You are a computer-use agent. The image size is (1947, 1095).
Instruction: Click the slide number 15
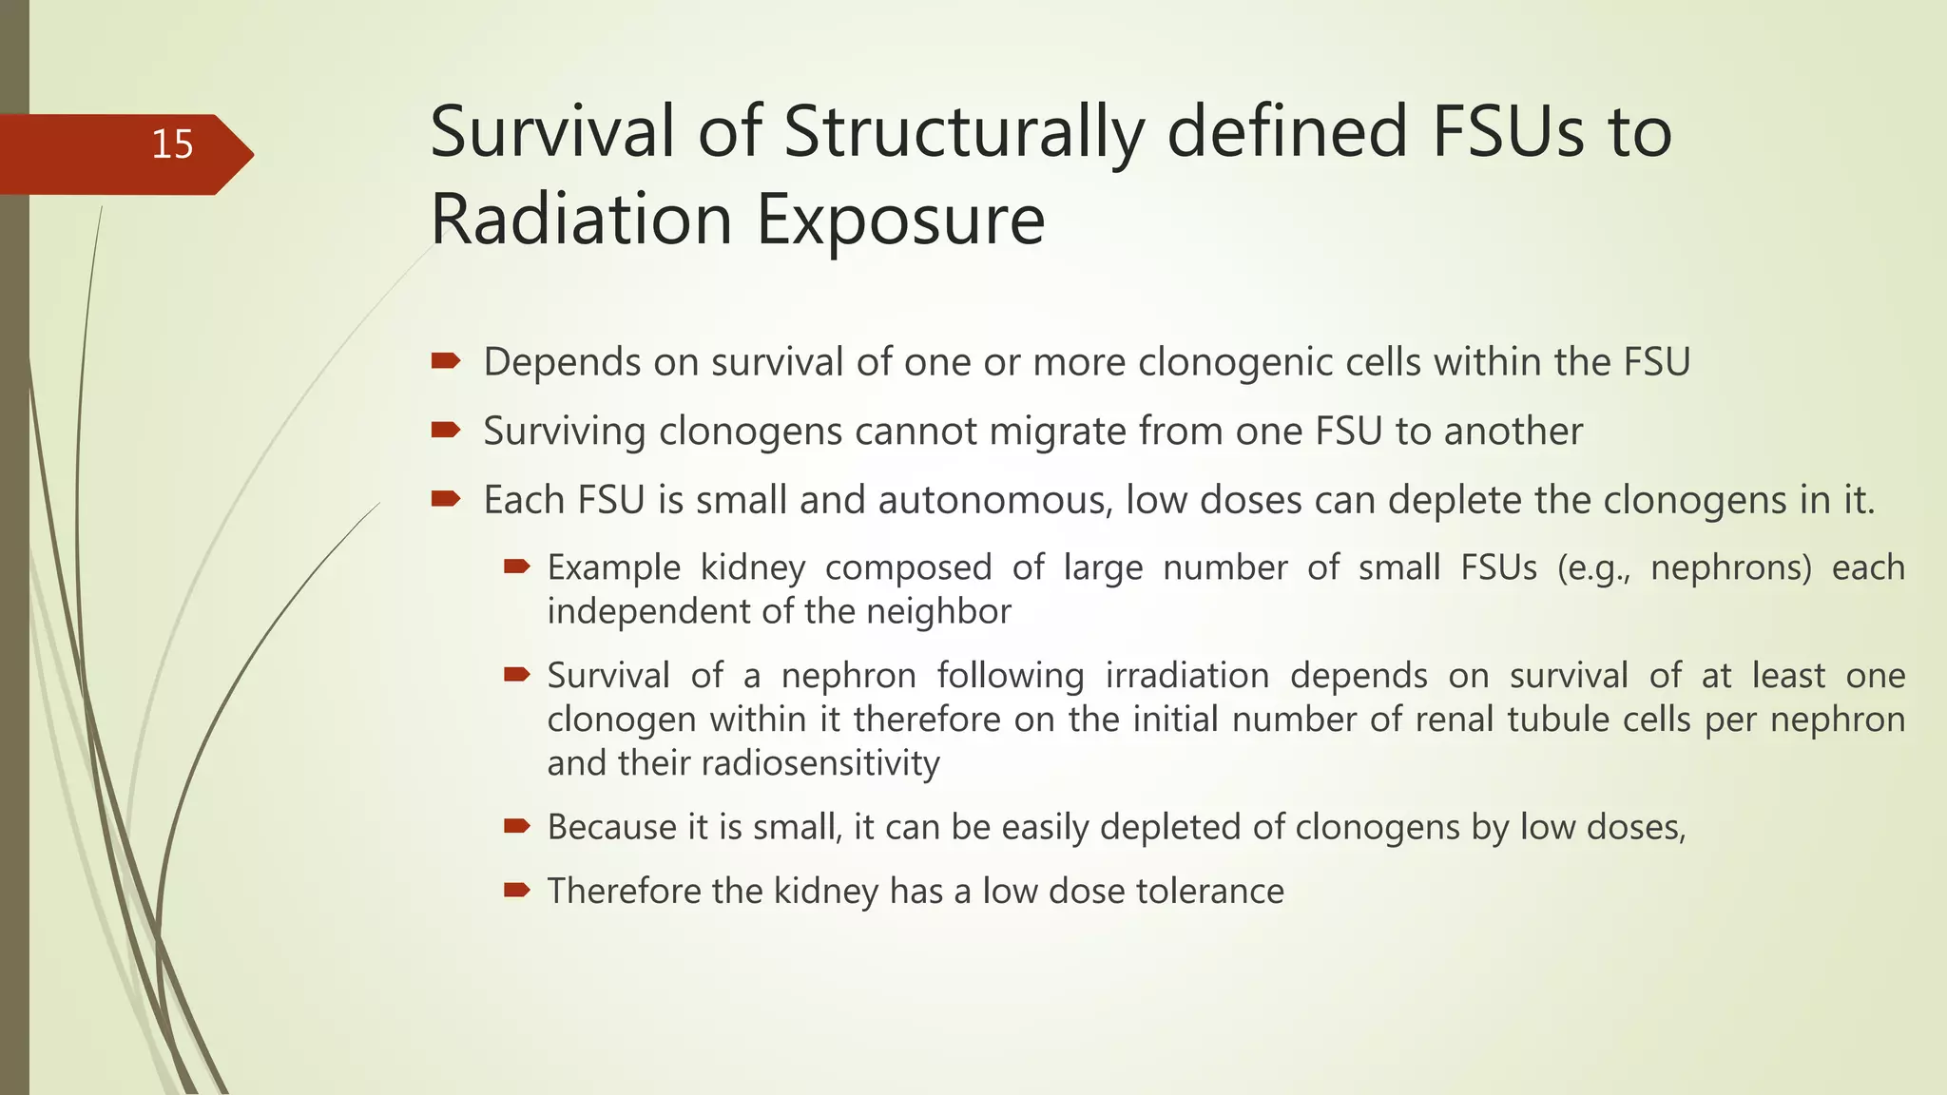(x=172, y=144)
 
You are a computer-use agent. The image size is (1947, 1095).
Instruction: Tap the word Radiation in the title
(x=581, y=220)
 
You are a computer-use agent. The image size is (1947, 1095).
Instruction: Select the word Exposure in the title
(x=900, y=220)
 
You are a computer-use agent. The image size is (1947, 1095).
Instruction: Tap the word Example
(x=614, y=567)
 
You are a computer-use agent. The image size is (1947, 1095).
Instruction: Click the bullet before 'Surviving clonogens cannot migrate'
(x=446, y=431)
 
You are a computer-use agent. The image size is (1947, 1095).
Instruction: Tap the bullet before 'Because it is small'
(x=516, y=826)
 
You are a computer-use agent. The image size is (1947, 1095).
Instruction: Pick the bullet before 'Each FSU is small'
(x=446, y=499)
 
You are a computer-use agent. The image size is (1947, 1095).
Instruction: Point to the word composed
(x=908, y=567)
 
